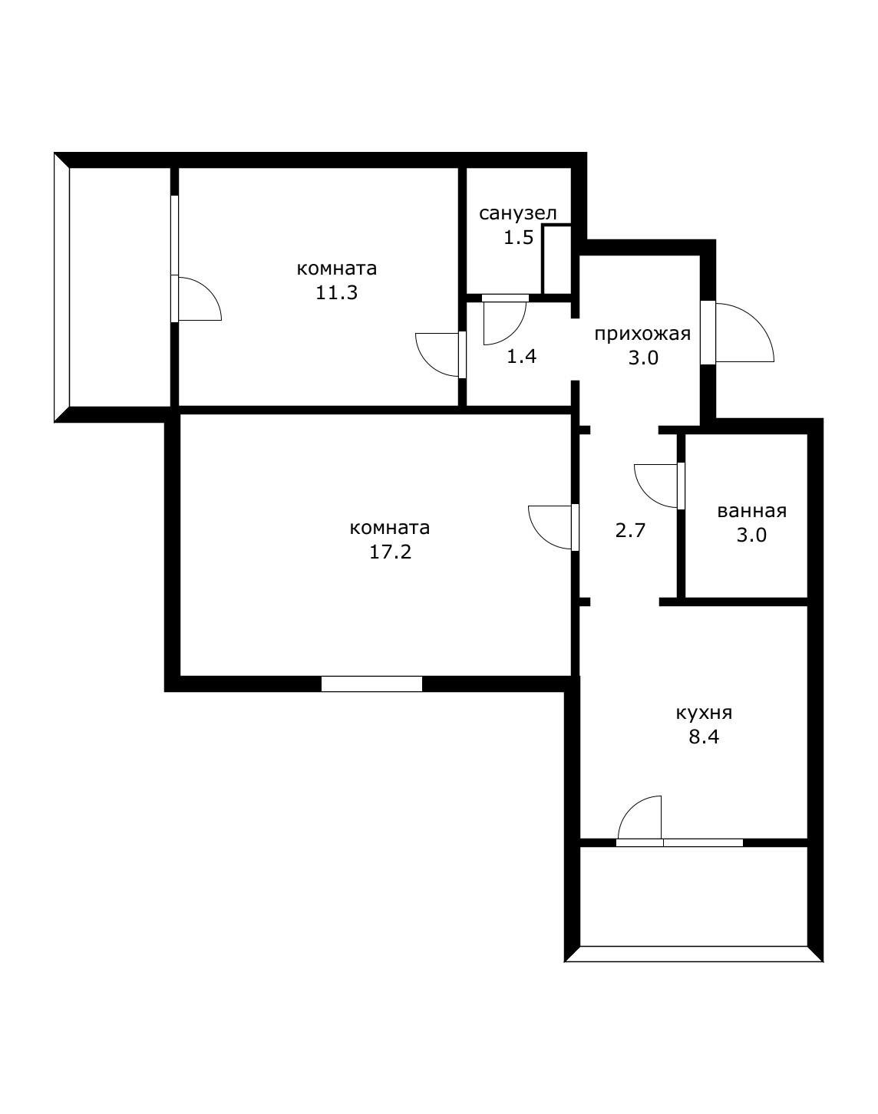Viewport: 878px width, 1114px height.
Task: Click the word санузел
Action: [x=517, y=213]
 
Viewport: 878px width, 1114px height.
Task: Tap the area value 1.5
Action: [x=519, y=238]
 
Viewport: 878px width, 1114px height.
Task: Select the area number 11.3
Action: [x=337, y=293]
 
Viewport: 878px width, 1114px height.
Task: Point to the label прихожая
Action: [x=642, y=335]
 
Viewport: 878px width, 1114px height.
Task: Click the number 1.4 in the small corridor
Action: [x=521, y=356]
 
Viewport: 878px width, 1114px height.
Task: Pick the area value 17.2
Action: [x=390, y=552]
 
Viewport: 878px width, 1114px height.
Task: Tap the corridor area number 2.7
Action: [x=630, y=531]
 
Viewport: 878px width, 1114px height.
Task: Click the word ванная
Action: [x=751, y=512]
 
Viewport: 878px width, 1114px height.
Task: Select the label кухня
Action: [x=704, y=714]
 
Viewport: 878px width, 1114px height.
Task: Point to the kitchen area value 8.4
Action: [x=704, y=737]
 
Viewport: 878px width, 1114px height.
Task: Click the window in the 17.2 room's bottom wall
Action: [x=371, y=684]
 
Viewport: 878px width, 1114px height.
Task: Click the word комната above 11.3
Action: [x=337, y=269]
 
